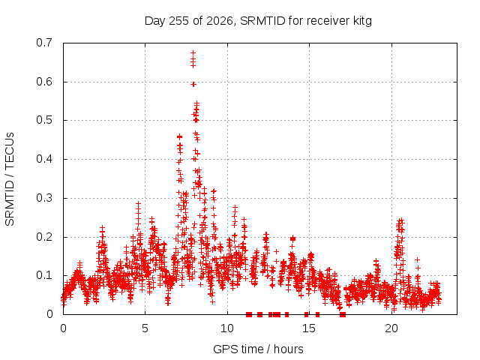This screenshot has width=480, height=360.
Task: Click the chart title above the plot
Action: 258,21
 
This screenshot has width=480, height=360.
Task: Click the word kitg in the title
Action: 362,21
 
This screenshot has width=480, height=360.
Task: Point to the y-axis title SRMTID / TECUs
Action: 10,179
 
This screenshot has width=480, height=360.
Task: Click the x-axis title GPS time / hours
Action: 258,349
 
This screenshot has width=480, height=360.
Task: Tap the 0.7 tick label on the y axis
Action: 44,43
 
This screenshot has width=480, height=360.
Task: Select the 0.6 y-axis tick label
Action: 44,82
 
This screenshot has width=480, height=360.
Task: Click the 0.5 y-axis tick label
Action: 44,120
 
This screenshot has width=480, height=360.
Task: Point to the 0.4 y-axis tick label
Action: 44,159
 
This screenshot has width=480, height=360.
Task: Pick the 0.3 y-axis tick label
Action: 44,198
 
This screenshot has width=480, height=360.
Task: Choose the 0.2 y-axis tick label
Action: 44,237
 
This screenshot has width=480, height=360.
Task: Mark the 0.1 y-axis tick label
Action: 44,275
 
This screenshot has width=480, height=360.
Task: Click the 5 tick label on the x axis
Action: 145,328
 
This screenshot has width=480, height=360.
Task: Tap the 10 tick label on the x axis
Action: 227,328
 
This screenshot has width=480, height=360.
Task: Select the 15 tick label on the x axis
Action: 309,328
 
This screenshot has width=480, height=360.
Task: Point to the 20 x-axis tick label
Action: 391,328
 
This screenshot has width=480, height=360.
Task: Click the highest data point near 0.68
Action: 193,53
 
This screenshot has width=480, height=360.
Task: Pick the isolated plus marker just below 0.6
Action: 193,85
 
